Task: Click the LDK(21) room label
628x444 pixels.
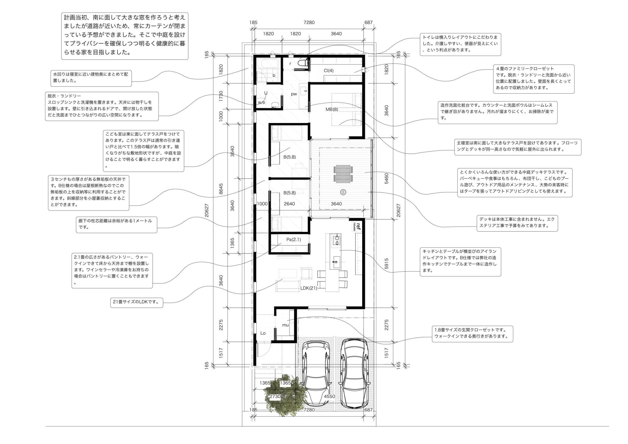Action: coord(309,288)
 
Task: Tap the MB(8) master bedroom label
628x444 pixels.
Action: coord(332,109)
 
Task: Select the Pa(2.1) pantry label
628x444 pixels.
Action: coord(294,240)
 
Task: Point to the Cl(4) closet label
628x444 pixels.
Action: coord(328,71)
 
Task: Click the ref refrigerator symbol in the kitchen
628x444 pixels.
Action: coord(357,227)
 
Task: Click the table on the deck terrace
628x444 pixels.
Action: coord(342,174)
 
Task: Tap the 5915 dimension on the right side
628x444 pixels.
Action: coord(386,263)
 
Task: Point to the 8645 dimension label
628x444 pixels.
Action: coord(221,189)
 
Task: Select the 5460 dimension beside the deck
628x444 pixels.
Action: coord(386,178)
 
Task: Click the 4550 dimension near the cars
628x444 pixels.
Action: coord(329,396)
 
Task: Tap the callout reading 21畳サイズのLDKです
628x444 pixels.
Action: coord(137,302)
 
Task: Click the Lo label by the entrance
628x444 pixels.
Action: coord(263,333)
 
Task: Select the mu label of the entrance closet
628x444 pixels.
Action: coord(285,325)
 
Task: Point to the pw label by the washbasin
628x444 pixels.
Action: coord(294,94)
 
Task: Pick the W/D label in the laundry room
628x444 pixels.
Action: coord(261,103)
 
